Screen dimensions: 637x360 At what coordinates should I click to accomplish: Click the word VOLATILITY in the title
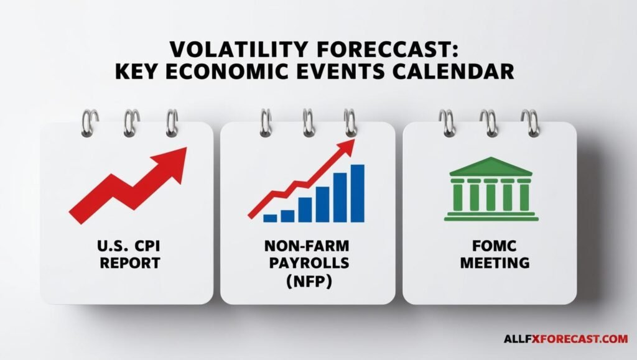(238, 50)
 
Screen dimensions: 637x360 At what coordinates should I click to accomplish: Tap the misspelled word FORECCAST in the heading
(388, 50)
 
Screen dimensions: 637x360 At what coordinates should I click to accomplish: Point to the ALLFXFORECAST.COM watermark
(566, 338)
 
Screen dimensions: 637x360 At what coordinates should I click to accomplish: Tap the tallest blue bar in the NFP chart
(358, 193)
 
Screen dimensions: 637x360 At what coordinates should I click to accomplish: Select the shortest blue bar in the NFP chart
(270, 218)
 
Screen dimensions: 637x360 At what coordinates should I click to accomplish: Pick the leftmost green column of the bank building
(458, 197)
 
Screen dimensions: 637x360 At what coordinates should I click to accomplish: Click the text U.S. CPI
(129, 246)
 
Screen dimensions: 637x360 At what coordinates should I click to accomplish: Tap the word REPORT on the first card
(130, 263)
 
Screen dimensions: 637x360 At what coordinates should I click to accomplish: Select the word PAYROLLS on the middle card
(309, 263)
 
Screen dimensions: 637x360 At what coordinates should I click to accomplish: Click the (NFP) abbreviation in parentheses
(309, 281)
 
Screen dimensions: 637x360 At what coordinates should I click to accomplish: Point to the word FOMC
(495, 246)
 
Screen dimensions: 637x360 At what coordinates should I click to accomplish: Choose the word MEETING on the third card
(495, 263)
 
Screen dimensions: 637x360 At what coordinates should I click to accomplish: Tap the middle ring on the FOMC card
(489, 123)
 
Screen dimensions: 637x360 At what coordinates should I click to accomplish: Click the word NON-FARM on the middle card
(307, 246)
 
